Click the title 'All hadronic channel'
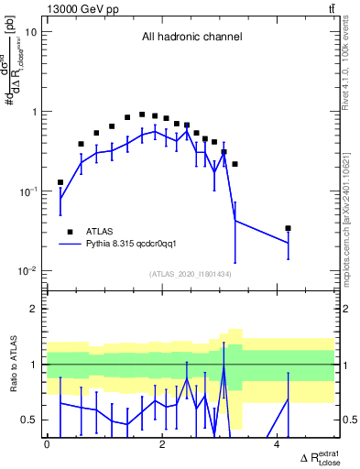[191, 38]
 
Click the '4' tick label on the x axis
[278, 445]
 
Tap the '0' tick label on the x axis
[47, 445]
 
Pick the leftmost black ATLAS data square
[60, 182]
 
